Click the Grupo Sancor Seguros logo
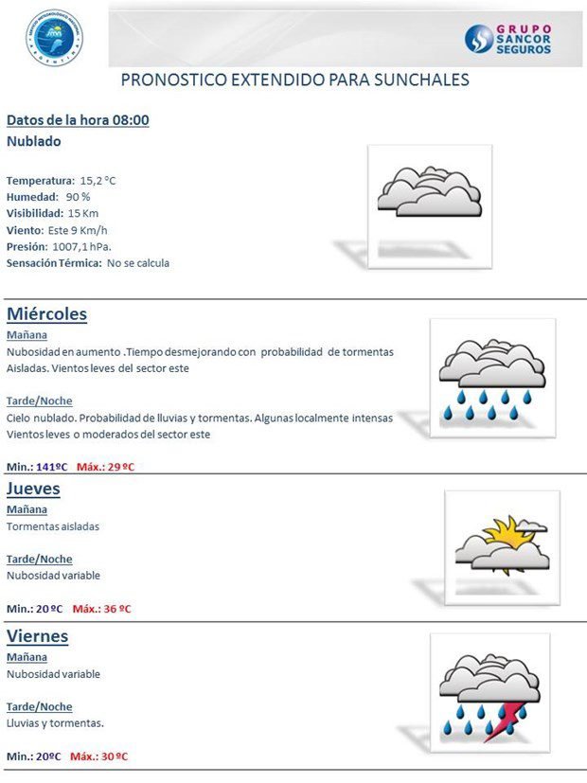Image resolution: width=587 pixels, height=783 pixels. pos(507,39)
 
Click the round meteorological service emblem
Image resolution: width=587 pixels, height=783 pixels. pos(54,38)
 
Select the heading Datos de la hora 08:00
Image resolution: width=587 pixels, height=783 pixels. pos(78,120)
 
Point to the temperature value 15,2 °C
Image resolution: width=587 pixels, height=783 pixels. pos(98,180)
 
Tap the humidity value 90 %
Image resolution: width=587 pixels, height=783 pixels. pos(79,196)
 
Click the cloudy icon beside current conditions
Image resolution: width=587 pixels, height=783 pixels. pos(429,192)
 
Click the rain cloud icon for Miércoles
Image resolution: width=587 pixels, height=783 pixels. pos(491,377)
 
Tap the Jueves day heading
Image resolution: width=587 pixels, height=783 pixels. pos(34,489)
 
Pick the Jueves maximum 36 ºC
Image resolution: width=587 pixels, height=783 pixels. pos(116,609)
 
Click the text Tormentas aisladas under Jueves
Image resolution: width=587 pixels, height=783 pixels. pos(53,526)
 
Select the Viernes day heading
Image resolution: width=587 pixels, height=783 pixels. pos(38,636)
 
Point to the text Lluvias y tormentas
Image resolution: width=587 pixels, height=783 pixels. pos(55,723)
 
